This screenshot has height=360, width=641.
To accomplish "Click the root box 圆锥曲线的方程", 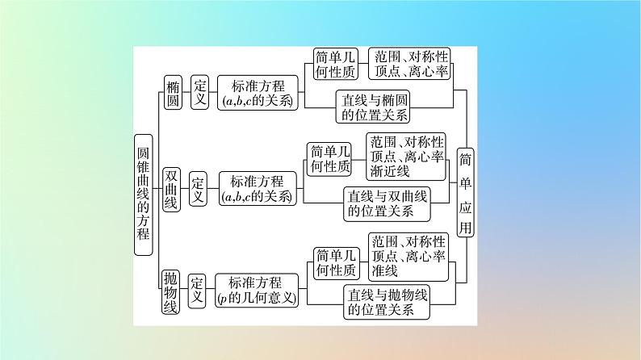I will click(143, 195).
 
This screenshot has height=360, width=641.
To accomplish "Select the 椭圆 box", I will click(173, 94).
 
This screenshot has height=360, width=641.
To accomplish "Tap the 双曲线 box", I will click(171, 190).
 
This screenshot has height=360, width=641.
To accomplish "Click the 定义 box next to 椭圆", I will click(199, 94).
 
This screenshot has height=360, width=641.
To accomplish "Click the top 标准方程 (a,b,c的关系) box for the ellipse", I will click(257, 94).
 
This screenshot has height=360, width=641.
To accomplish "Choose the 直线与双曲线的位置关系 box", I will click(388, 203).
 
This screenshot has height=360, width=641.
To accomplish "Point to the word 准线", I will click(383, 270).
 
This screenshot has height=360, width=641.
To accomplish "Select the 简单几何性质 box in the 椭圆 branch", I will click(337, 64).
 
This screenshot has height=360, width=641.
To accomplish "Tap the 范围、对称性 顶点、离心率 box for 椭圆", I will click(408, 64).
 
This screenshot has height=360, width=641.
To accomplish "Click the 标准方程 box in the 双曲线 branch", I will click(257, 190).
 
